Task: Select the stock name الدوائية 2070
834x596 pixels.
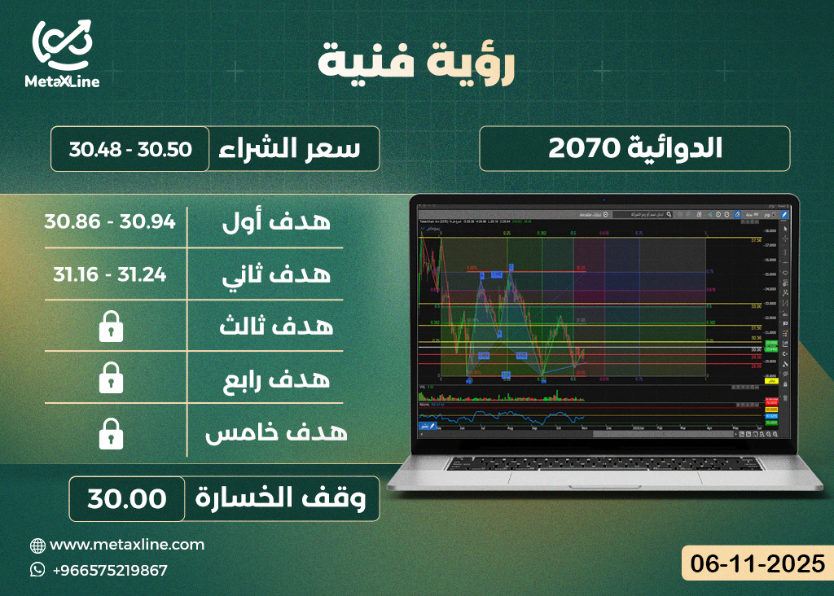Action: [634, 148]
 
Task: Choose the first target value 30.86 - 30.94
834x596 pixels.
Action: [111, 221]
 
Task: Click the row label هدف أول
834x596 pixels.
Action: [276, 221]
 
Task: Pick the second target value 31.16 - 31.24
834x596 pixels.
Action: [111, 274]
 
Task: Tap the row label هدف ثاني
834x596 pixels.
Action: [276, 275]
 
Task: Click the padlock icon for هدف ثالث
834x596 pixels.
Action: [111, 327]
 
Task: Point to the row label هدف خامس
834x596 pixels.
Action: [276, 432]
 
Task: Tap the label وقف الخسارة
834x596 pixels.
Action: [286, 498]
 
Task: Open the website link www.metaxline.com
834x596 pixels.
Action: [127, 544]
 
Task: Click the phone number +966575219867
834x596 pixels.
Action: [109, 570]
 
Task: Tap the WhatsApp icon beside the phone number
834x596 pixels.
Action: [37, 569]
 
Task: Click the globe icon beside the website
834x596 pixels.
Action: [37, 545]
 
